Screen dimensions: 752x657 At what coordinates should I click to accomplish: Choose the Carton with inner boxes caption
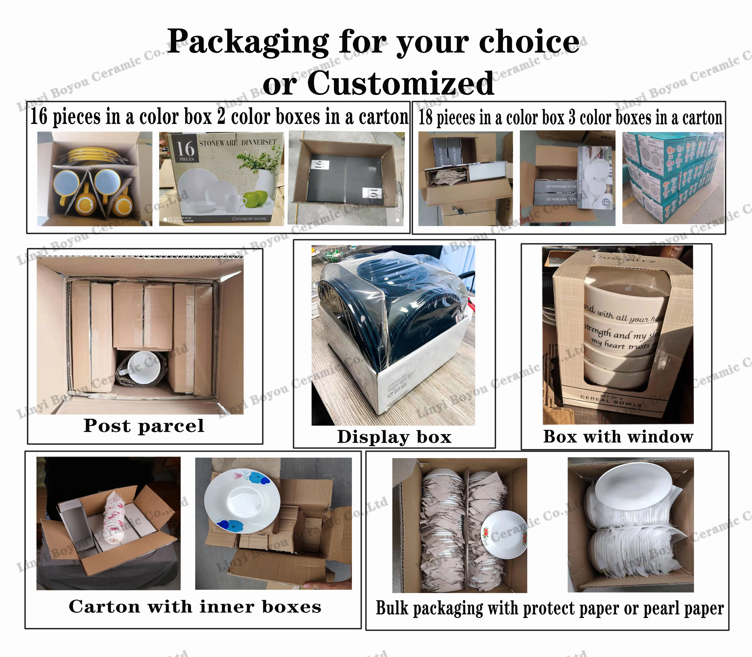195,607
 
